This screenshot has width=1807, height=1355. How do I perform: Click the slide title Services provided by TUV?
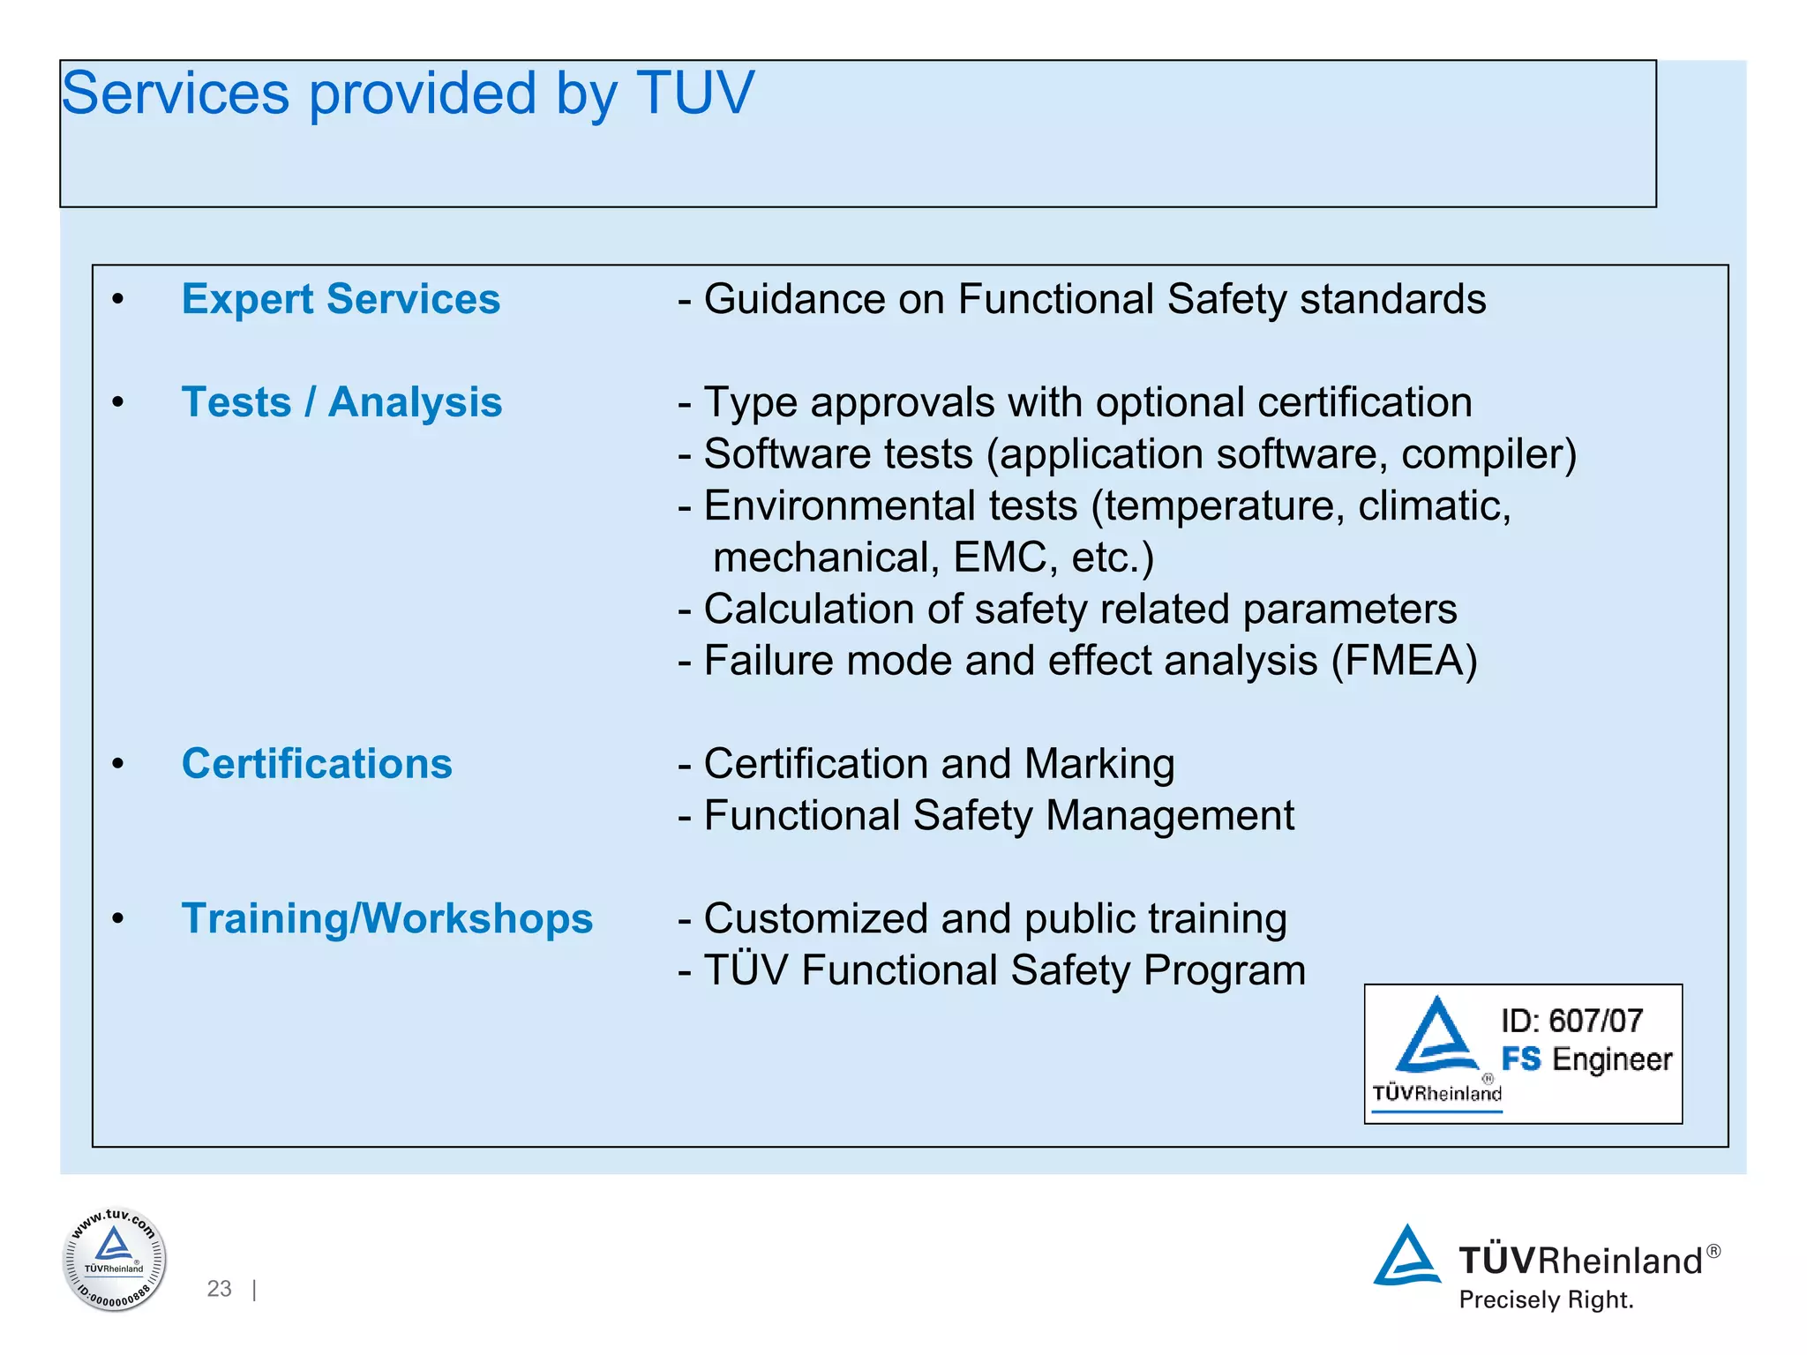(x=408, y=94)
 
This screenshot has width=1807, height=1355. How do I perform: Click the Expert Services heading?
(x=341, y=299)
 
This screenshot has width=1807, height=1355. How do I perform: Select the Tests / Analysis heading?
(x=341, y=402)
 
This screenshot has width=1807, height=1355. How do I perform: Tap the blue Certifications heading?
(x=317, y=764)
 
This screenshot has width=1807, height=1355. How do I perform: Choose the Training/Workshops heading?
(x=386, y=918)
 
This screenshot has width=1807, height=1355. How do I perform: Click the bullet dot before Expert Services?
(x=118, y=301)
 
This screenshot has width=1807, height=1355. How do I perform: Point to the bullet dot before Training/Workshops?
(x=118, y=920)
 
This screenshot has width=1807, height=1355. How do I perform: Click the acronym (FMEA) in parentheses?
(x=1404, y=661)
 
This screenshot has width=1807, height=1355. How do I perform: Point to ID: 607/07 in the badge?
(x=1571, y=1021)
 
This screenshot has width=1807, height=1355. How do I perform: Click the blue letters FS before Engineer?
(x=1521, y=1059)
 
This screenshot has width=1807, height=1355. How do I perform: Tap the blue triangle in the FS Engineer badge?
(x=1436, y=1037)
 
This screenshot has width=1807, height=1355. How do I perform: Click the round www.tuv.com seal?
(x=114, y=1259)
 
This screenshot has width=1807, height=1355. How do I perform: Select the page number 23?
(x=219, y=1289)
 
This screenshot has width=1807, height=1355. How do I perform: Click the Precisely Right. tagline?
(x=1546, y=1300)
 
